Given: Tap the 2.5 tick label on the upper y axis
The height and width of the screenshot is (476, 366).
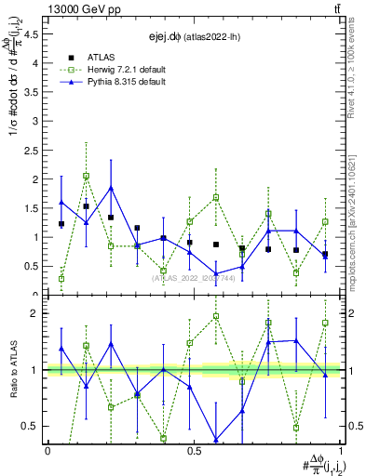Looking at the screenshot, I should [34, 151].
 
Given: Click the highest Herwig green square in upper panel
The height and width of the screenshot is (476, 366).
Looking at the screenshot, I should [86, 176].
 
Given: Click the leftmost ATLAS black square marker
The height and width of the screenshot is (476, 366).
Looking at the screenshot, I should [61, 224].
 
